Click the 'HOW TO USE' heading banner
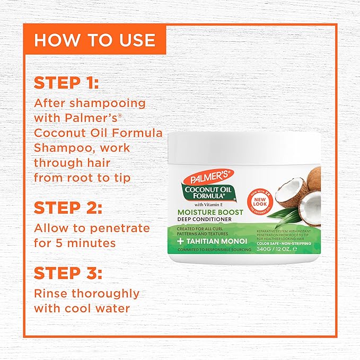(x=94, y=40)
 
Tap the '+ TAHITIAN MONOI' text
(x=215, y=239)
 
